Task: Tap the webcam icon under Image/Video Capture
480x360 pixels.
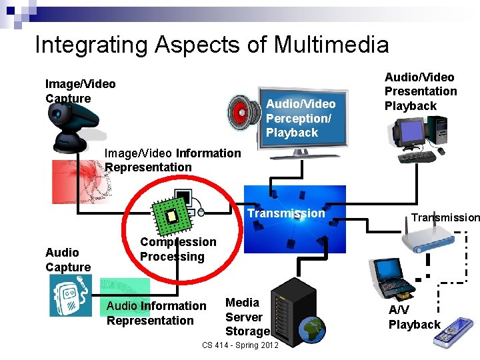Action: coord(73,127)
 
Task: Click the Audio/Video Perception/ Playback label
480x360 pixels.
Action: coord(301,118)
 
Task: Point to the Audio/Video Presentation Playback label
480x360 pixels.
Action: coord(421,91)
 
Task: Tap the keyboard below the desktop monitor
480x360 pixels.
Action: coord(416,157)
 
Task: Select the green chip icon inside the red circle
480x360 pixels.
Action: coord(172,214)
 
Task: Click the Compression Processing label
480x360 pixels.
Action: coord(178,249)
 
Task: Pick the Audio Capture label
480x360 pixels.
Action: coord(68,259)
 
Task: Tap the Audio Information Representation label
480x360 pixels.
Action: coord(157,313)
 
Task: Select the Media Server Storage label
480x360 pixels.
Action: coord(247,317)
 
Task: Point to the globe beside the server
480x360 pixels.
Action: coord(311,329)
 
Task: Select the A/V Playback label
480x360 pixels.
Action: coord(414,317)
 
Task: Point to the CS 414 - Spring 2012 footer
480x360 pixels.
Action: coord(240,345)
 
